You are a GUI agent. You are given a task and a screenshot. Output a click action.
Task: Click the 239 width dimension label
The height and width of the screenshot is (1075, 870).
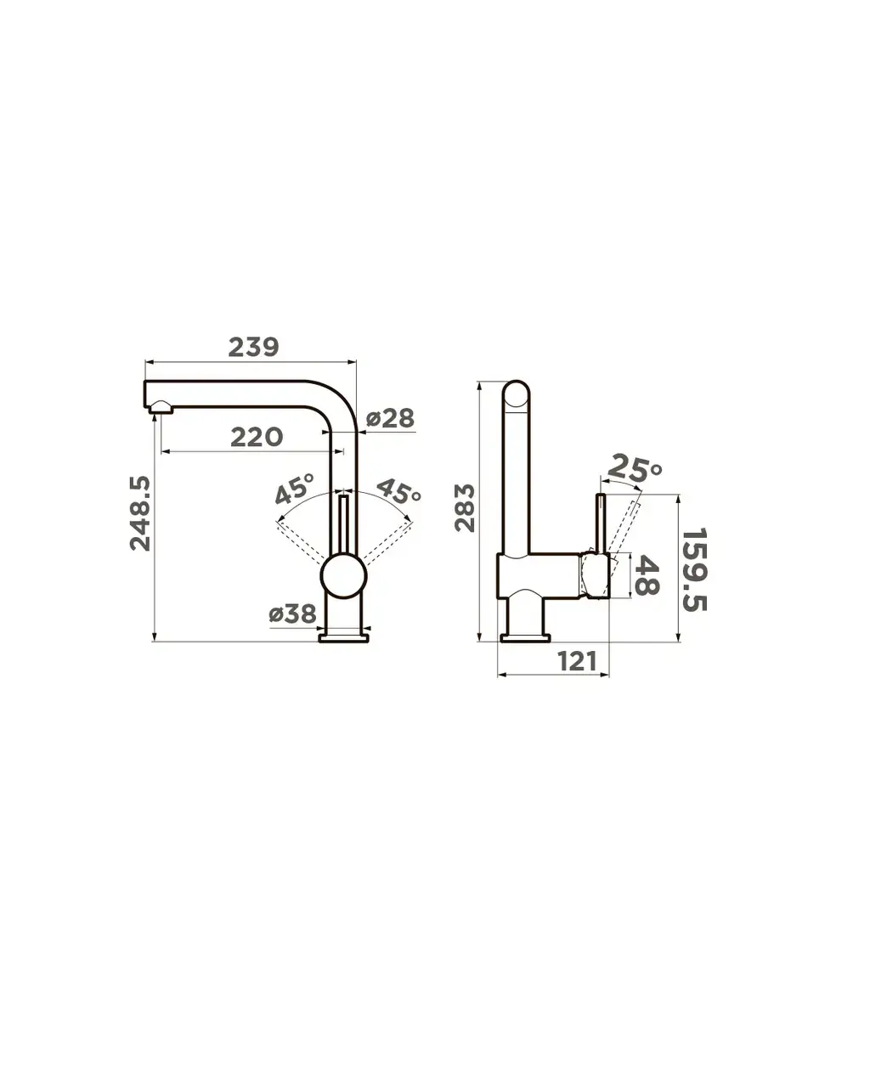coord(253,347)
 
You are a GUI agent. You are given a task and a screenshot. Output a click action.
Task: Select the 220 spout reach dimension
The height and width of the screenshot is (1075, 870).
coord(257,437)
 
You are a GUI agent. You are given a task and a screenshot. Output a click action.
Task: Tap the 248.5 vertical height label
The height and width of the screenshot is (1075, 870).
coord(140,512)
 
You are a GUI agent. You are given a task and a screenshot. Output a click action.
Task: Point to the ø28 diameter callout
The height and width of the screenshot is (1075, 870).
coord(390,418)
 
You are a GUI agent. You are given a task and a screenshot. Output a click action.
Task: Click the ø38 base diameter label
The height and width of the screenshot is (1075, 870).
coord(293,614)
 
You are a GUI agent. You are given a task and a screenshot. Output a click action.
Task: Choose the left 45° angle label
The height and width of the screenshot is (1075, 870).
coord(295,488)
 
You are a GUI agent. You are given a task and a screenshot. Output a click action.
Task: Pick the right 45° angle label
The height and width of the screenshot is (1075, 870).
coord(398,491)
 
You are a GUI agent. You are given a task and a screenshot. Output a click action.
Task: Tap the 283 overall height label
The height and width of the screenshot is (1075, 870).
coord(465,507)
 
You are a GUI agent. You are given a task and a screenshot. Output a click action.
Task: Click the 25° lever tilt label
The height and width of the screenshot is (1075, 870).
coord(635,468)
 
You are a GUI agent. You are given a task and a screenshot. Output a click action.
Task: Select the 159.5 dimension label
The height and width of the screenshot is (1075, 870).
coord(695,570)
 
